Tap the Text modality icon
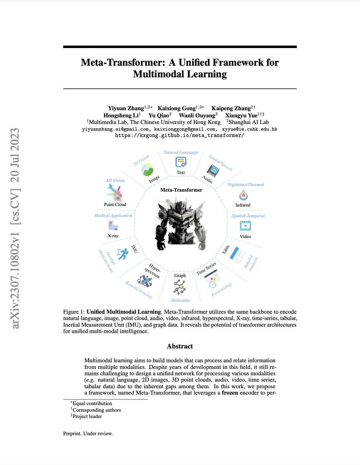[181, 162]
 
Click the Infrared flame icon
[243, 194]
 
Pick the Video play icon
[245, 226]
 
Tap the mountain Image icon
[148, 169]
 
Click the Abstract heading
[180, 346]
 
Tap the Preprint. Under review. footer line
[88, 433]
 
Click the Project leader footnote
[88, 417]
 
